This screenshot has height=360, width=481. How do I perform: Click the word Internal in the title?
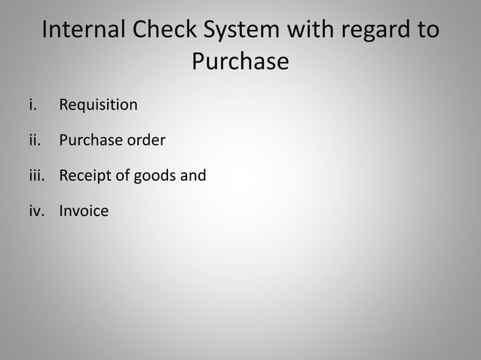pyautogui.click(x=83, y=31)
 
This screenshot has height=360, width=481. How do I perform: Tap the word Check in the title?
pyautogui.click(x=161, y=31)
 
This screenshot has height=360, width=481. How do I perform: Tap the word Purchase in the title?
pyautogui.click(x=240, y=61)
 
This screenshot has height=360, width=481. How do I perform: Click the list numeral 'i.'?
pyautogui.click(x=32, y=105)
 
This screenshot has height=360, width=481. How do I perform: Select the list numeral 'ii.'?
pyautogui.click(x=34, y=140)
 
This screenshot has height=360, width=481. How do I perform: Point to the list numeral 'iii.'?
pyautogui.click(x=36, y=175)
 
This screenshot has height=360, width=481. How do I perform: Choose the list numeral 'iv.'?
pyautogui.click(x=36, y=211)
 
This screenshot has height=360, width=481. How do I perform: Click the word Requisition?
pyautogui.click(x=98, y=105)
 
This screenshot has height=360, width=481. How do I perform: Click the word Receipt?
pyautogui.click(x=84, y=176)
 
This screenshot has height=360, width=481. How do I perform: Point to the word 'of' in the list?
pyautogui.click(x=122, y=175)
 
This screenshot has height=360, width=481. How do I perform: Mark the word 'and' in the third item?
pyautogui.click(x=193, y=175)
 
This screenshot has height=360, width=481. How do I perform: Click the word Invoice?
pyautogui.click(x=84, y=211)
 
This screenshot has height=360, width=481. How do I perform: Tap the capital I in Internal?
pyautogui.click(x=46, y=31)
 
